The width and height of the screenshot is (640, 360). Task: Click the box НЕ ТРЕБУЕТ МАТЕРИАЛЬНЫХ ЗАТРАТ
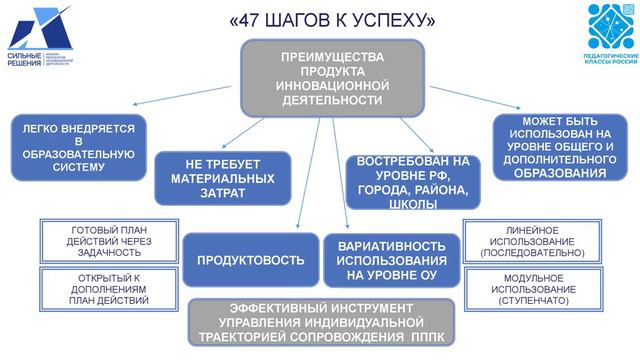(223, 178)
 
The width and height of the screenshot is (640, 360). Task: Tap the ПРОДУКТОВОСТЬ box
(251, 260)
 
